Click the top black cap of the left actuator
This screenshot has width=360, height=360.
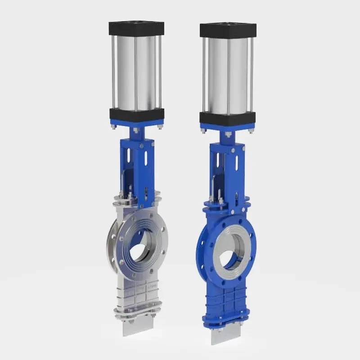click(x=136, y=28)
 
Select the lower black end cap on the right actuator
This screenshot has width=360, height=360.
click(x=227, y=118)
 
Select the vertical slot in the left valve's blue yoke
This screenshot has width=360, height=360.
click(x=130, y=158)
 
